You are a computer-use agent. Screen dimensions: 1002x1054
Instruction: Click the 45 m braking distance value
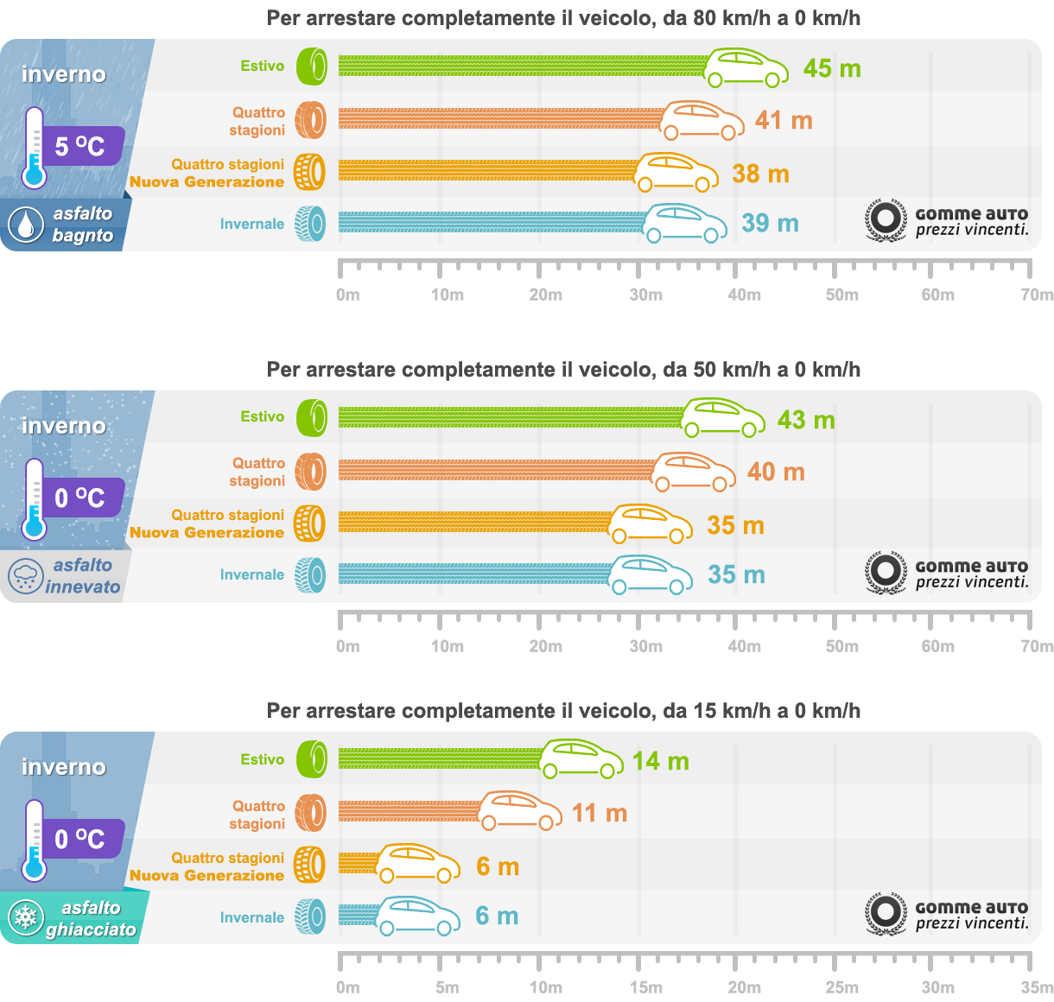(832, 68)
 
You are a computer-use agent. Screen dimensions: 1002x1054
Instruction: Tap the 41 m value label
(784, 120)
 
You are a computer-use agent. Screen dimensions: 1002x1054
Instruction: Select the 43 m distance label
(806, 420)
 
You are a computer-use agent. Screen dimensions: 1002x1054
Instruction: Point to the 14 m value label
(661, 761)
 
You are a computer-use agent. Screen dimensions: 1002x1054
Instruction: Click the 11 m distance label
(600, 813)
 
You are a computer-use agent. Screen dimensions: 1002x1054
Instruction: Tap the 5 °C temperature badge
(80, 146)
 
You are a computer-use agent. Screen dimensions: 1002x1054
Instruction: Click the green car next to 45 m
(746, 68)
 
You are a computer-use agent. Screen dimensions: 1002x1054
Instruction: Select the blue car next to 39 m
(686, 224)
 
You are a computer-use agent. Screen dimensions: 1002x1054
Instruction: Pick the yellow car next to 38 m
(676, 173)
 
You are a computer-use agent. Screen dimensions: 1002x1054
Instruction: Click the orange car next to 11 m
(520, 811)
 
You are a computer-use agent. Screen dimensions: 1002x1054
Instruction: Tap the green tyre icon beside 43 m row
(312, 418)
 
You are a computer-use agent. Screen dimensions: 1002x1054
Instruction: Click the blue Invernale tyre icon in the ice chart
(310, 917)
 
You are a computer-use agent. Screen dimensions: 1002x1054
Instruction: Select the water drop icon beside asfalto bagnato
(25, 225)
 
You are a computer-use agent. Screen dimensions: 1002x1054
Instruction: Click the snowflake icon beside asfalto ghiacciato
(26, 918)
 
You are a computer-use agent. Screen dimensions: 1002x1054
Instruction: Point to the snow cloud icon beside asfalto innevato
(25, 576)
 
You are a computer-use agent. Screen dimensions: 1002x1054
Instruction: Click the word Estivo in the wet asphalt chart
(263, 66)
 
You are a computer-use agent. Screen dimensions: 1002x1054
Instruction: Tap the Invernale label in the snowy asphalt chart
(252, 574)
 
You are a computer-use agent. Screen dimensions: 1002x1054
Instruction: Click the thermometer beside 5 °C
(34, 148)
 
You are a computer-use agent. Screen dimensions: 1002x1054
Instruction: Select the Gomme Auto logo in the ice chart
(947, 915)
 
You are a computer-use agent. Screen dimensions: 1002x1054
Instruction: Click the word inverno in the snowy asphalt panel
(64, 426)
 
